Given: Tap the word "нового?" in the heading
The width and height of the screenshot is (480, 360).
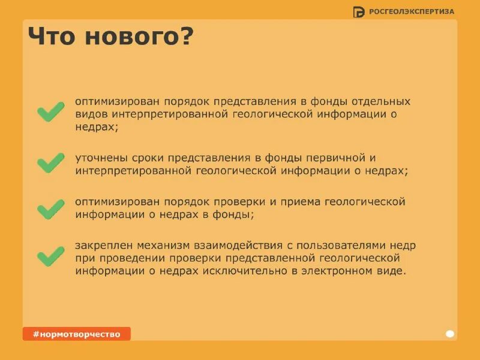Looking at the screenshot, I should (139, 37).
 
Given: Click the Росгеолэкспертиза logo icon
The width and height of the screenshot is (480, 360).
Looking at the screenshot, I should (359, 11).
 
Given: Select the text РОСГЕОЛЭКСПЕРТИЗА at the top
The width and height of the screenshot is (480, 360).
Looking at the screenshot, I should (412, 11).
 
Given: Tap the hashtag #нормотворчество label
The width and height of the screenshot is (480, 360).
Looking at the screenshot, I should (76, 334).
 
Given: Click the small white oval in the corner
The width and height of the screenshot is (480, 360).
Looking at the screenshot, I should (450, 334).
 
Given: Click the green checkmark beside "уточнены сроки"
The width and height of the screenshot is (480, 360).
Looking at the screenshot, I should (51, 163).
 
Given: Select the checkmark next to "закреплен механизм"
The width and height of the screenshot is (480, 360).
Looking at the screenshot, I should (51, 256).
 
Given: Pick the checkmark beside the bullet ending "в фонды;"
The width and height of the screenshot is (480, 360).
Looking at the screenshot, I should (51, 209).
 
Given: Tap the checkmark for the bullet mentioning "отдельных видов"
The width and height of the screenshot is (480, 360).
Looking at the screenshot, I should (51, 112).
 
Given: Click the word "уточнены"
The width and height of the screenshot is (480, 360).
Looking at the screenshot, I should (98, 158).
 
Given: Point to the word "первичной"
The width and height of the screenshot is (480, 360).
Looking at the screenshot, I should (335, 158).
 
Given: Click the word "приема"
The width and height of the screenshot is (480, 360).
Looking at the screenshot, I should (303, 202).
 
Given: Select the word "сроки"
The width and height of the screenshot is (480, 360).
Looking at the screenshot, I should (146, 158).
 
